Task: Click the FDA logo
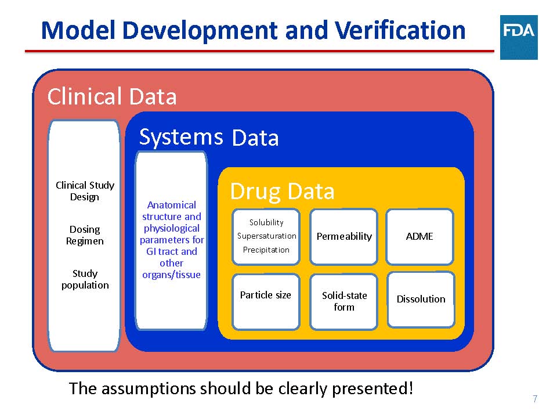coord(519,37)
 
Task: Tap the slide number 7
coord(535,399)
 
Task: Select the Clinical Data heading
coord(112,96)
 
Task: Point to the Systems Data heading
coord(209,137)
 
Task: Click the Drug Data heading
coord(283,192)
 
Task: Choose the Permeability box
coord(344,237)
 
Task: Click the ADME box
coord(419,237)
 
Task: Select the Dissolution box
coord(421,300)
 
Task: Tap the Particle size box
coord(266,302)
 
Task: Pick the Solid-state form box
coord(344,302)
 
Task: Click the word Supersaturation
coord(267,236)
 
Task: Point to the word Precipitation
coord(266,250)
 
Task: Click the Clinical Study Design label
coord(85,191)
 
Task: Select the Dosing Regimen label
coord(85,235)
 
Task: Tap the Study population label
coord(85,279)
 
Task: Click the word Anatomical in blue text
coord(172,205)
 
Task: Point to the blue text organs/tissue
coord(171,275)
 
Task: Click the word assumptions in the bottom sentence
coord(149,388)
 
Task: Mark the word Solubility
coord(266,222)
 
